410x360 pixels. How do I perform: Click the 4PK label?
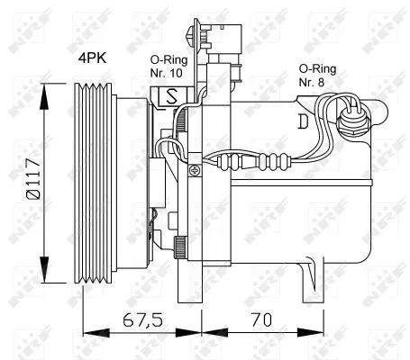93,58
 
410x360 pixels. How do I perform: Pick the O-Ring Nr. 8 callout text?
319,74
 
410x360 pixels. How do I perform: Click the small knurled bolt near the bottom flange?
183,243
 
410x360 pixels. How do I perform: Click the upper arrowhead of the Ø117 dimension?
43,87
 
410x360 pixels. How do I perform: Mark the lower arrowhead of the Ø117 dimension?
43,274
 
